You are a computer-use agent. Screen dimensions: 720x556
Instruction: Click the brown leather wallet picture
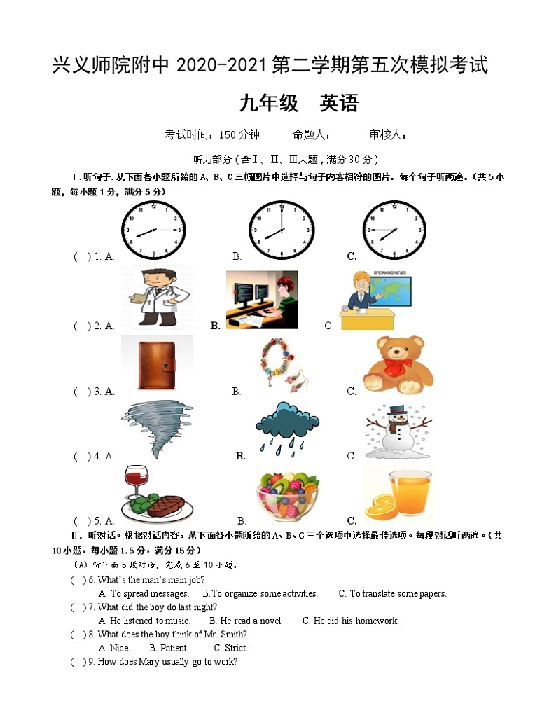point(158,362)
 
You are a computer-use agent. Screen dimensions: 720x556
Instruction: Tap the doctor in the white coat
point(155,297)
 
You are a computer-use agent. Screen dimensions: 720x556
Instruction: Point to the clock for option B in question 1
point(281,230)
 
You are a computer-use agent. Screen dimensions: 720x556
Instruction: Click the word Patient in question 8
point(174,648)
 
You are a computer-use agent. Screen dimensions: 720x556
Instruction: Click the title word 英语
point(339,104)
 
